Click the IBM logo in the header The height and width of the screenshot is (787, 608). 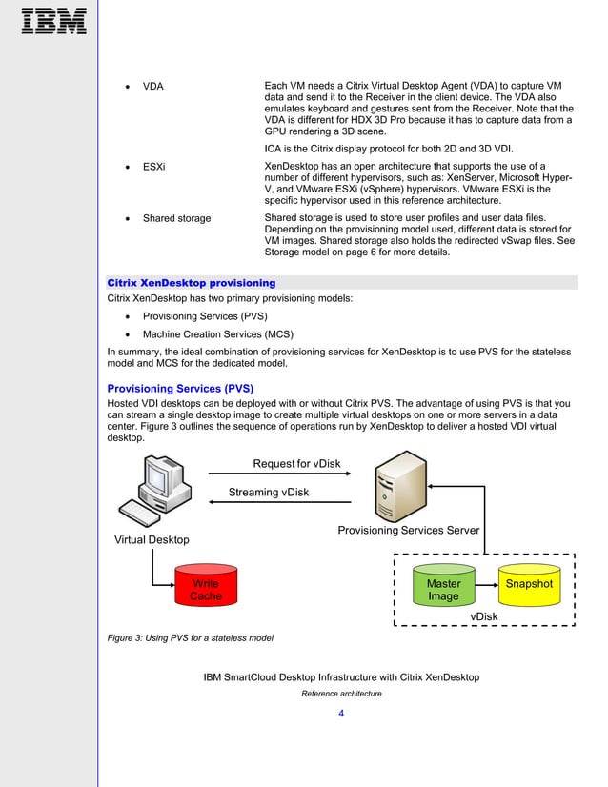pos(53,21)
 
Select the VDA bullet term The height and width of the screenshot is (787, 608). pos(152,87)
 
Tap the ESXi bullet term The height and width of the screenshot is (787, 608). pos(153,166)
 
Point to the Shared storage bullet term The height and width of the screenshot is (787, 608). pos(176,218)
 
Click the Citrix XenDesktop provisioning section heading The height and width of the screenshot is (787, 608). pos(192,283)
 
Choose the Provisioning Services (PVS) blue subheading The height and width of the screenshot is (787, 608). pos(179,389)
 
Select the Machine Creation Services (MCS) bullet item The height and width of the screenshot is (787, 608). pos(217,334)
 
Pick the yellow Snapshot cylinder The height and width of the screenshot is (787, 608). pos(529,584)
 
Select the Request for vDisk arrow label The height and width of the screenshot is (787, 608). pos(296,464)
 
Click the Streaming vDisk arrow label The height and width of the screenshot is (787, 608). pos(269,493)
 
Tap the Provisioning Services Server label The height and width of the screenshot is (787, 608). pos(408,530)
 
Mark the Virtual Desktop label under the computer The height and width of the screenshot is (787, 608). pos(152,540)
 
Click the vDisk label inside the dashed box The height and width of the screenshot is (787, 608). pos(484,616)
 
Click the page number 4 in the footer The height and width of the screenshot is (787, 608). pos(341,713)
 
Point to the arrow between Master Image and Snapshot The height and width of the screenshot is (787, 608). pos(486,583)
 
